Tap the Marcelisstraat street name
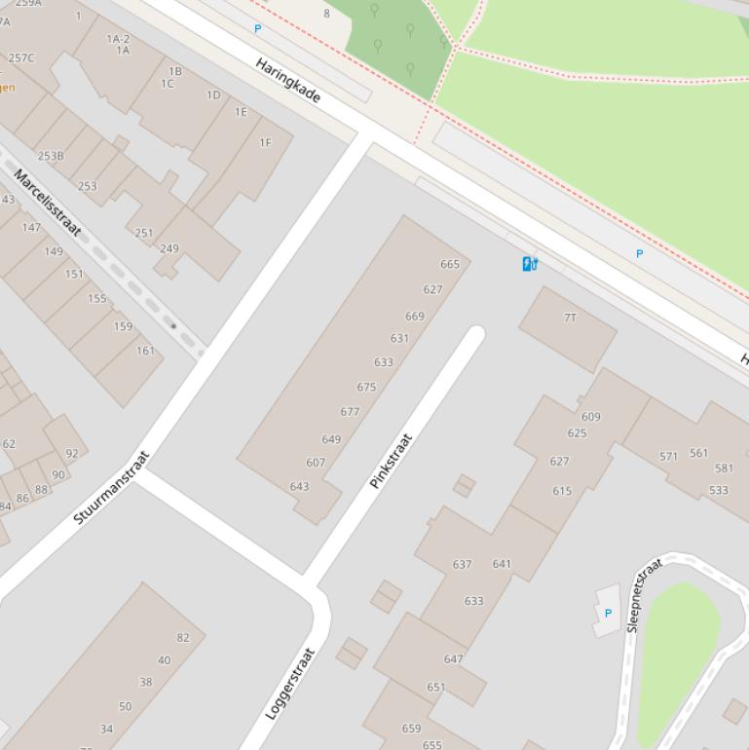[x=47, y=203]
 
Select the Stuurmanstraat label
[x=112, y=487]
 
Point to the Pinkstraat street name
[x=392, y=461]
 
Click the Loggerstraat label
[x=291, y=683]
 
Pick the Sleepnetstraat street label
[x=645, y=594]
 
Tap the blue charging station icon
[x=530, y=263]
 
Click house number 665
[x=449, y=264]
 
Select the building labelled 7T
[x=570, y=318]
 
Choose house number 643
[x=299, y=486]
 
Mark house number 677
[x=350, y=412]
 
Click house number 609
[x=590, y=417]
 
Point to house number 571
[x=668, y=456]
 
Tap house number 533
[x=718, y=490]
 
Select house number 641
[x=502, y=563]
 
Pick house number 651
[x=435, y=687]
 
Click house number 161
[x=145, y=351]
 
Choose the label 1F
[x=265, y=142]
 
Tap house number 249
[x=169, y=248]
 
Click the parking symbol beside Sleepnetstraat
[x=608, y=613]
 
